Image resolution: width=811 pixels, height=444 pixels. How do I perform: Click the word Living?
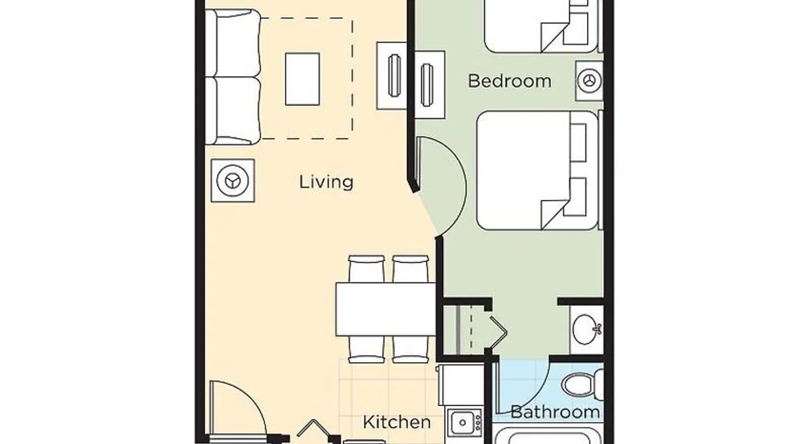326,182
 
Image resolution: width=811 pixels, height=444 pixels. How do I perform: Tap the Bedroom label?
509,81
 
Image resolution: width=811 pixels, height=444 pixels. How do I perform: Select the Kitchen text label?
396,422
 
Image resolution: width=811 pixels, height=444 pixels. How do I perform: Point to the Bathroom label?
555,412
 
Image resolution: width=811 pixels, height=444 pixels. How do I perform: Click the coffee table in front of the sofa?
302,79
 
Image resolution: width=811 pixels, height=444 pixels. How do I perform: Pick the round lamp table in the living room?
233,180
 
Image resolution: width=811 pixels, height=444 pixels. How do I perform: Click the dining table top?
386,309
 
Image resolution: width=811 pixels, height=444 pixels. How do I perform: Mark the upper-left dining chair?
366,269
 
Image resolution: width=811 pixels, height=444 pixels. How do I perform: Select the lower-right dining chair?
411,349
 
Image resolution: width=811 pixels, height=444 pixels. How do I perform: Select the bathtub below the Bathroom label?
549,436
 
